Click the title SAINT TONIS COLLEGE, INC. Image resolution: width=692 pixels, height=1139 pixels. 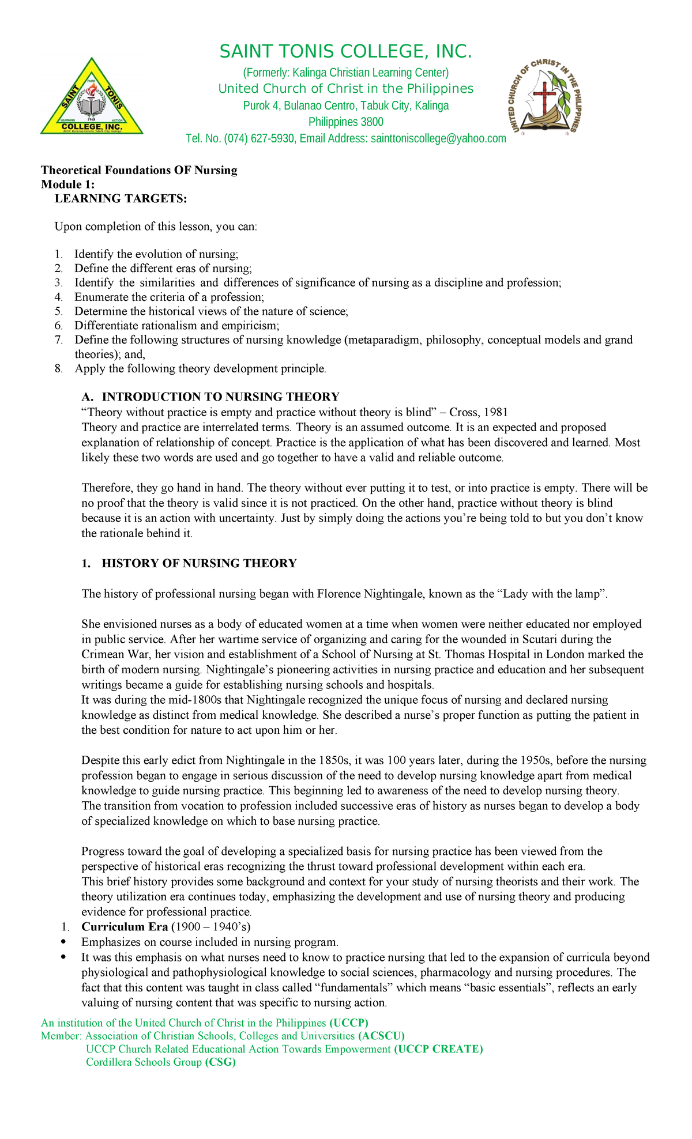[x=345, y=52]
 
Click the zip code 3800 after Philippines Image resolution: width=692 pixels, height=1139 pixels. [x=372, y=122]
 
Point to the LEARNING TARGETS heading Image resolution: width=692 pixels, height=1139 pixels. [x=121, y=199]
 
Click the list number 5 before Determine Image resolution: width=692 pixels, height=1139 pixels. [x=58, y=311]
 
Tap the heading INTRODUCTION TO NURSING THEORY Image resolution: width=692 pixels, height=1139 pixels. [x=220, y=397]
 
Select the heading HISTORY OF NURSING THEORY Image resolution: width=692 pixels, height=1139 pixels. [x=199, y=563]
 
